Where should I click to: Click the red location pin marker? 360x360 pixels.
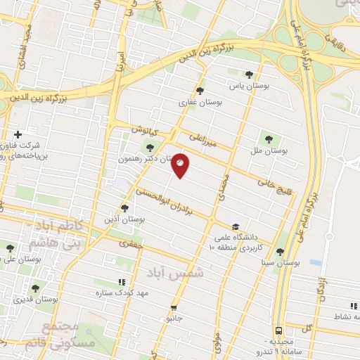coord(181,165)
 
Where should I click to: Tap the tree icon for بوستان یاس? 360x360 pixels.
coord(249,74)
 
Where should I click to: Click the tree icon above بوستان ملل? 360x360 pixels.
coord(267,139)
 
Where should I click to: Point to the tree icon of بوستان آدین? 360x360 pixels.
coord(124,207)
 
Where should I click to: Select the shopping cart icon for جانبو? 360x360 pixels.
coord(173,307)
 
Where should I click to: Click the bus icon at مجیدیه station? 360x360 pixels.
coord(279,330)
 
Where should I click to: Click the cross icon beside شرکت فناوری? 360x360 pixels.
coord(18,134)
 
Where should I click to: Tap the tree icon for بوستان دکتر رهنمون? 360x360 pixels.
coord(149,147)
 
